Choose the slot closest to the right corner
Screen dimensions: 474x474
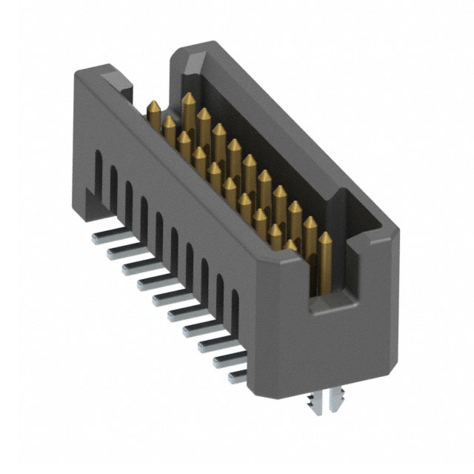tap(236, 304)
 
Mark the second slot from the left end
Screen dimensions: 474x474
tap(114, 182)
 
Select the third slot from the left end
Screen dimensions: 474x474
tap(129, 196)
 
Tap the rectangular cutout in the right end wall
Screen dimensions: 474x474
tap(330, 259)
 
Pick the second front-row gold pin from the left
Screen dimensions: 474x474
tap(169, 120)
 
